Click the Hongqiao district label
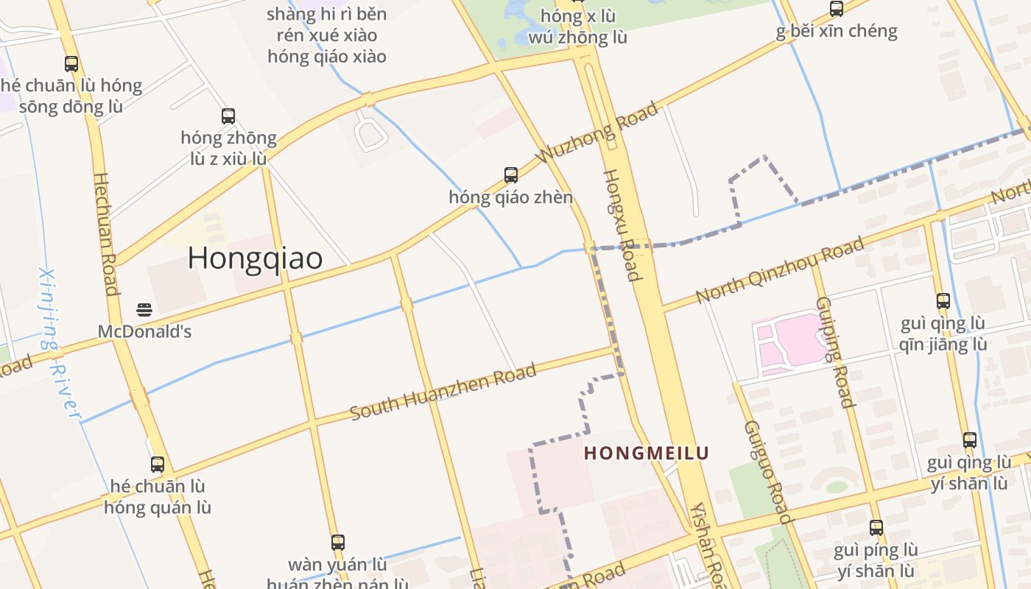point(255,258)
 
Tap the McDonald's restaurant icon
point(144,310)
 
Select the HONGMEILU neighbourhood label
point(646,453)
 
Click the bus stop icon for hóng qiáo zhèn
point(511,175)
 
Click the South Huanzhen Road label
point(443,392)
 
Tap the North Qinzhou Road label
point(780,271)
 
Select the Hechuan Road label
point(106,234)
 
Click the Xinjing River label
point(59,343)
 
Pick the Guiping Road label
point(835,352)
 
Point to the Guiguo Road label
point(768,472)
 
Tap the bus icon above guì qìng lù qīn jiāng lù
point(943,300)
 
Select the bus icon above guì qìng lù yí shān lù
point(970,440)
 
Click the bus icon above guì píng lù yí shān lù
point(876,528)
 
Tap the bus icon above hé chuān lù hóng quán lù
point(158,465)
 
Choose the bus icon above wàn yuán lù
point(338,543)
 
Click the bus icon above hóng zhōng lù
point(228,116)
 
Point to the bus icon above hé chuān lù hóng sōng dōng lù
point(71,64)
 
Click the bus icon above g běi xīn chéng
point(837,9)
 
